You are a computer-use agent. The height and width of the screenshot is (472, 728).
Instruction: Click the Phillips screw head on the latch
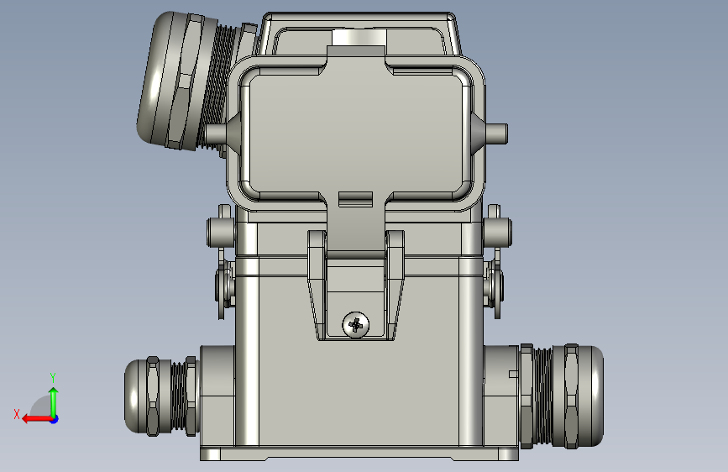[356, 325]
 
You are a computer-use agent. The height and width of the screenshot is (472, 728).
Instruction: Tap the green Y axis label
[53, 377]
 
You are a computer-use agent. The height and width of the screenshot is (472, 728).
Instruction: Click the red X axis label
[17, 414]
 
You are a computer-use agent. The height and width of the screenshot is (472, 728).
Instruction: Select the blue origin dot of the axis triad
[55, 419]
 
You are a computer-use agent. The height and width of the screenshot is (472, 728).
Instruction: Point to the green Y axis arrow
[54, 401]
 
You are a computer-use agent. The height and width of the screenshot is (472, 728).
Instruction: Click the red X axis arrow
[38, 419]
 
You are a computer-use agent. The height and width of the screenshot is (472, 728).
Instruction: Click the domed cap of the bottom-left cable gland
[135, 396]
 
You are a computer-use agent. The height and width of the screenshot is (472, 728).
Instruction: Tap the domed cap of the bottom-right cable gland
[590, 396]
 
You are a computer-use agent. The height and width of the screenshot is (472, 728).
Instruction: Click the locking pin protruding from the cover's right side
[496, 134]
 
